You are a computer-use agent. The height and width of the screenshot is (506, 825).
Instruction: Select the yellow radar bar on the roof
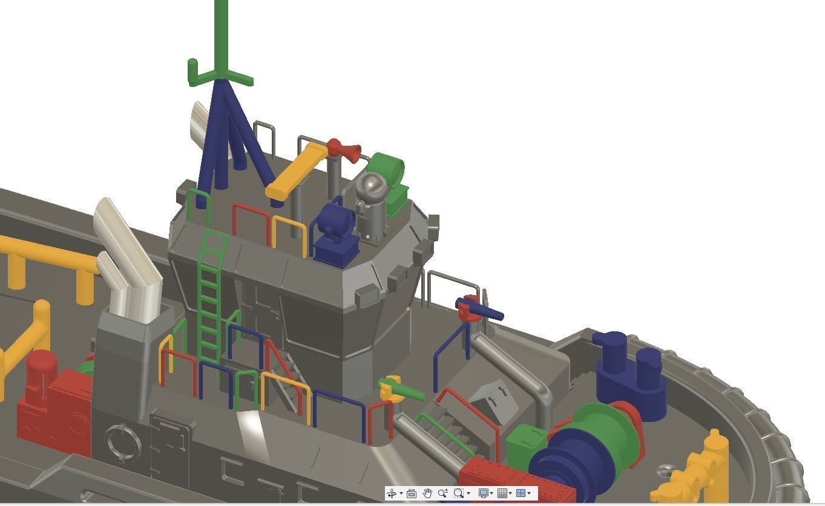(x=297, y=170)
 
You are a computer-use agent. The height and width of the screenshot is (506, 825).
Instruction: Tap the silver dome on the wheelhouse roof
(x=370, y=187)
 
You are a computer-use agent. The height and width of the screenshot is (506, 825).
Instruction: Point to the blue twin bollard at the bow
(x=629, y=372)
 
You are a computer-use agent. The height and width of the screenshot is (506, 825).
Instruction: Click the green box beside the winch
(x=525, y=446)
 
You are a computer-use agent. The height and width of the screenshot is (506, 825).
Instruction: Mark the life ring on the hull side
(x=122, y=443)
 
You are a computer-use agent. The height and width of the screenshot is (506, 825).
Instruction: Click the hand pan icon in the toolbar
(x=427, y=493)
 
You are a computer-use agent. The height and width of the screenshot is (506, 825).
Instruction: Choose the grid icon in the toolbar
(x=502, y=493)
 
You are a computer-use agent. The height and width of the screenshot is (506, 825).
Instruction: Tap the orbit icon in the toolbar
(x=392, y=493)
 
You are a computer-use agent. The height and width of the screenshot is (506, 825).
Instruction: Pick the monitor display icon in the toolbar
(x=483, y=493)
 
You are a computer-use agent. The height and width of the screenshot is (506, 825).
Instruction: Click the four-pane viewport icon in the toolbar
(x=521, y=493)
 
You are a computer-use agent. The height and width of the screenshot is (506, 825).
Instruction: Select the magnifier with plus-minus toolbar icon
(x=442, y=493)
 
